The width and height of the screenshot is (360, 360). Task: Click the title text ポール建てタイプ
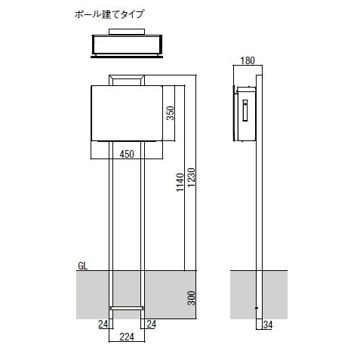pyautogui.click(x=109, y=14)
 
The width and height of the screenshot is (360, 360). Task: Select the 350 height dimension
pyautogui.click(x=171, y=112)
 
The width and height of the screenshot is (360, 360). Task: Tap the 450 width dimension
pyautogui.click(x=127, y=154)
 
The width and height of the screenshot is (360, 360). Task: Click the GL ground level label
pyautogui.click(x=82, y=266)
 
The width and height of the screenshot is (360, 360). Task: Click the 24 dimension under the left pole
pyautogui.click(x=102, y=325)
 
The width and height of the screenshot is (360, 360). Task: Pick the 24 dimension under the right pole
pyautogui.click(x=152, y=325)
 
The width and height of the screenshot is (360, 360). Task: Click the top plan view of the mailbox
pyautogui.click(x=127, y=45)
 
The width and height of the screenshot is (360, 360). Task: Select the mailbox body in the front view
pyautogui.click(x=127, y=113)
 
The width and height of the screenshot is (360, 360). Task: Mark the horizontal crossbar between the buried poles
pyautogui.click(x=127, y=308)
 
